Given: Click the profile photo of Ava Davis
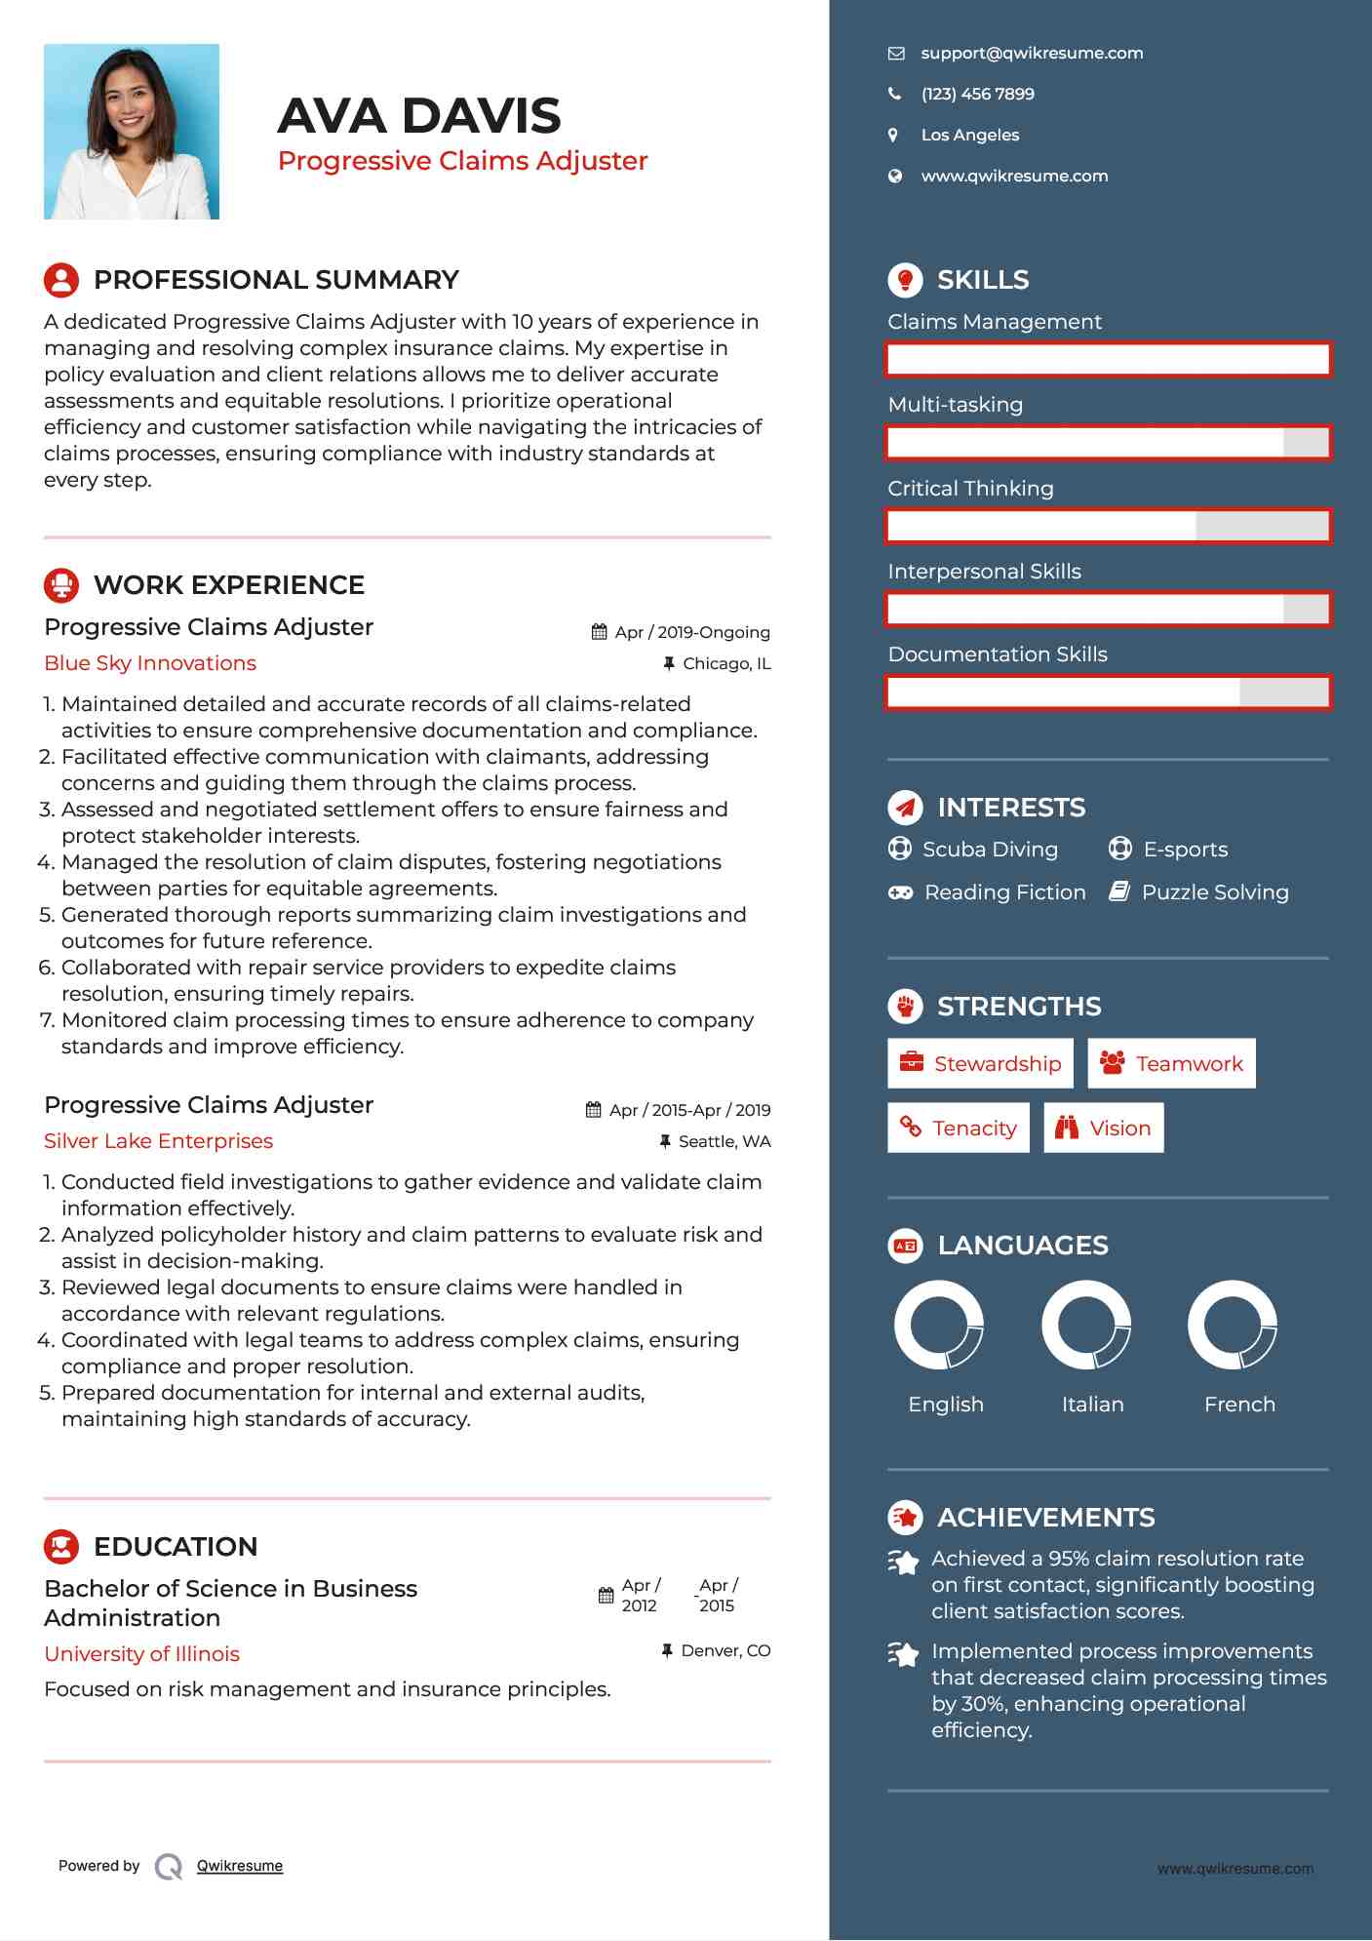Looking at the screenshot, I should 132,132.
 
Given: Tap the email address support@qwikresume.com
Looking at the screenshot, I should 1031,54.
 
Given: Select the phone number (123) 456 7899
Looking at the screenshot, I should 977,95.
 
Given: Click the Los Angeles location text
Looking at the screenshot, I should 969,136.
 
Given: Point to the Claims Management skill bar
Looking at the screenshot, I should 1108,359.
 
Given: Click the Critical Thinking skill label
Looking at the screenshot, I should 970,489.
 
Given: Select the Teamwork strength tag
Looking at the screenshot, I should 1171,1063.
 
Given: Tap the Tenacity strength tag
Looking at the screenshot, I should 958,1128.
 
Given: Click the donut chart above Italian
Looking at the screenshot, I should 1086,1325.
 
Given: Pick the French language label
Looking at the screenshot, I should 1238,1405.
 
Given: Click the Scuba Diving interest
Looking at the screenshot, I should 989,850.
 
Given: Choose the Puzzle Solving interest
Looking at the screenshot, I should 1214,892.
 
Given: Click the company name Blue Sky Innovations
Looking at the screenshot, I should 150,663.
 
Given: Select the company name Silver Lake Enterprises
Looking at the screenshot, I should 158,1141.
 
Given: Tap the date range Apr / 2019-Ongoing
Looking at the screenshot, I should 691,632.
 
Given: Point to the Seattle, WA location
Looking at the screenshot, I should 724,1141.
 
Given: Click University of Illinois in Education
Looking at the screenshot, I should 141,1654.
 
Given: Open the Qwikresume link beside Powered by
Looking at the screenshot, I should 239,1866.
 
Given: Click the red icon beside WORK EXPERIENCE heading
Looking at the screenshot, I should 61,585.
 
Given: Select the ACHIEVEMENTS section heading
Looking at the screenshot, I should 1045,1518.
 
